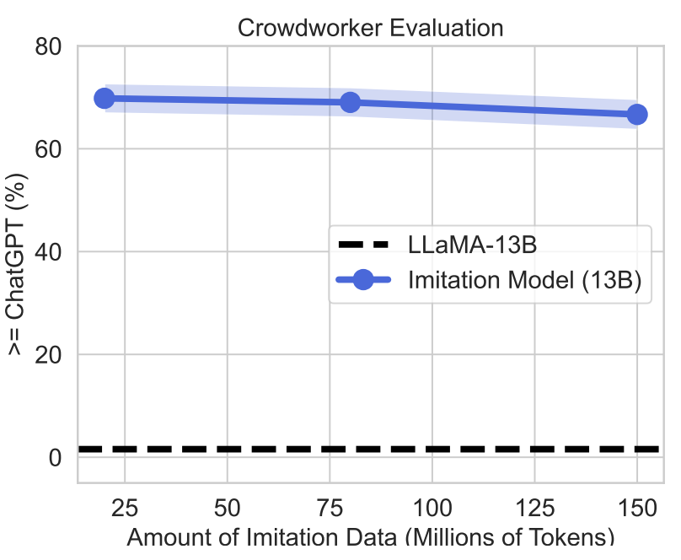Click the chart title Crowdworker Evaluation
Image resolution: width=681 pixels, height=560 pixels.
tap(370, 28)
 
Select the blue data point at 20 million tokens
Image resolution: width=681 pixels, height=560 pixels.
tap(105, 98)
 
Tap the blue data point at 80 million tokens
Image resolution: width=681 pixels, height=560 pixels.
tap(351, 102)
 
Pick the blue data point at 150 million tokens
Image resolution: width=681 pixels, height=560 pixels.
tap(637, 114)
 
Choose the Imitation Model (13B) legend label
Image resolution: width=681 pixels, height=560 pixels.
tap(524, 282)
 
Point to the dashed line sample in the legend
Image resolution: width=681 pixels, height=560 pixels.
tap(363, 245)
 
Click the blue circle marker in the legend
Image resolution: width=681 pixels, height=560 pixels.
tap(363, 282)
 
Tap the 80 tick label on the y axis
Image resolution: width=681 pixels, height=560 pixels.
tap(50, 46)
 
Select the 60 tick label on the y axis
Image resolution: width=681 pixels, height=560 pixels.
tap(50, 149)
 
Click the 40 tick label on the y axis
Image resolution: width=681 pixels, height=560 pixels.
tap(50, 252)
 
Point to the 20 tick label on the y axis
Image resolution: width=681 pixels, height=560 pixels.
tap(50, 355)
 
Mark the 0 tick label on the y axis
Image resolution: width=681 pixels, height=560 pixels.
tap(56, 458)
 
